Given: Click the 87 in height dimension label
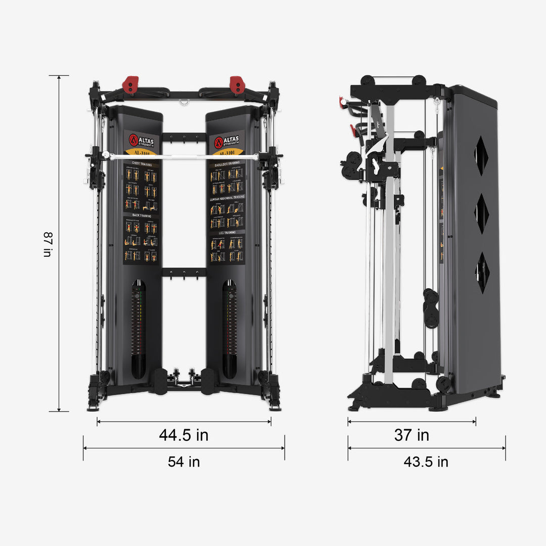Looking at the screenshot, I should [x=48, y=245].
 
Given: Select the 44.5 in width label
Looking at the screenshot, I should [x=184, y=435].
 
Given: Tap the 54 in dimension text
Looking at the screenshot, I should [x=184, y=462].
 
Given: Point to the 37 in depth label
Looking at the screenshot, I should [x=412, y=435].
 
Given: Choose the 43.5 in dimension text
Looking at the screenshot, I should [x=426, y=462].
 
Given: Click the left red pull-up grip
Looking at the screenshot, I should [x=130, y=84].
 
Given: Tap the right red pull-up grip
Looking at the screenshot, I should [x=237, y=84].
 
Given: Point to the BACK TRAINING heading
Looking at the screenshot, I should [x=140, y=215].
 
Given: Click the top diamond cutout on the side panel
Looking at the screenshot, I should [x=481, y=156].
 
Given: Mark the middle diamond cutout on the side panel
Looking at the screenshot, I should [x=481, y=213].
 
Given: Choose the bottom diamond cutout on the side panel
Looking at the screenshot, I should [x=482, y=272].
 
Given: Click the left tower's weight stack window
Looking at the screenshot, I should [x=138, y=329].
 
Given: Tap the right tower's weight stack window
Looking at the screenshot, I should [x=229, y=329].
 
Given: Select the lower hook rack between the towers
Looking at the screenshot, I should [x=184, y=273].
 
